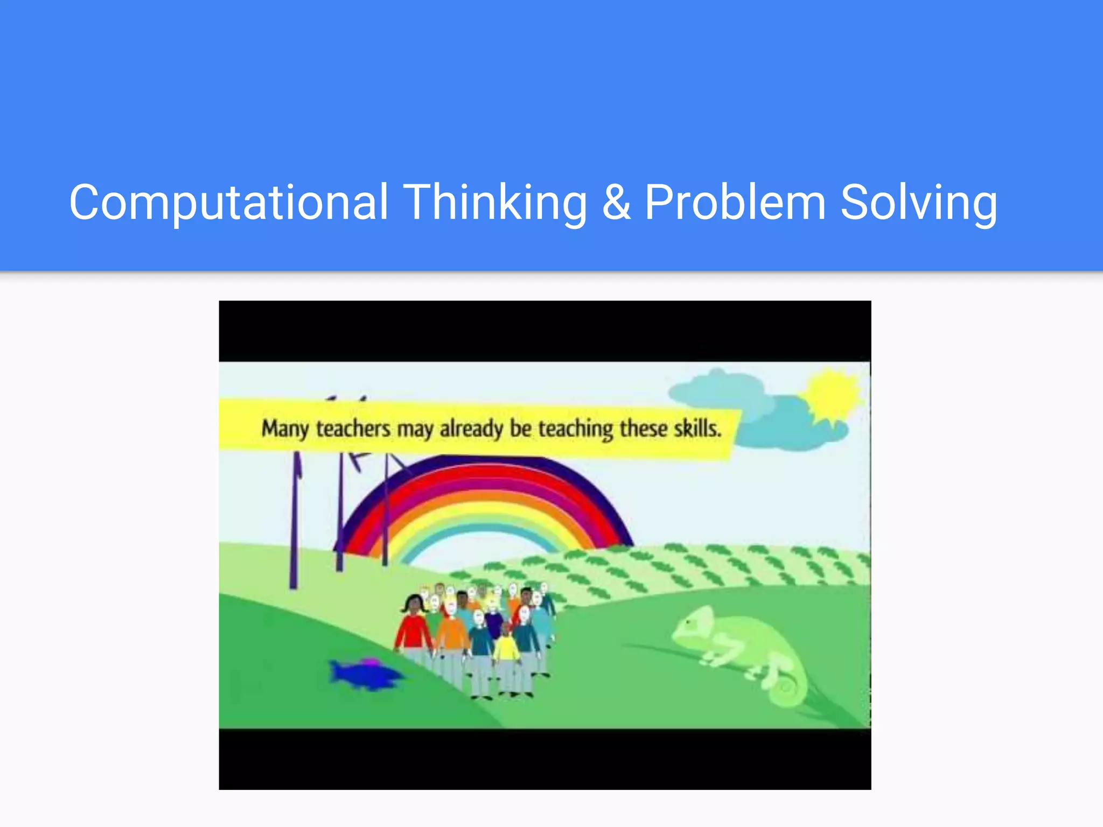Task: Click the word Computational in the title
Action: (228, 203)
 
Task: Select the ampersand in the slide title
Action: (616, 203)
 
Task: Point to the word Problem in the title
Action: (735, 203)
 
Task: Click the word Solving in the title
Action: (918, 203)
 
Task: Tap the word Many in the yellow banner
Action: (285, 430)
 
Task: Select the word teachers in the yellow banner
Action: (353, 429)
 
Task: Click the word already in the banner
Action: (471, 429)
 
